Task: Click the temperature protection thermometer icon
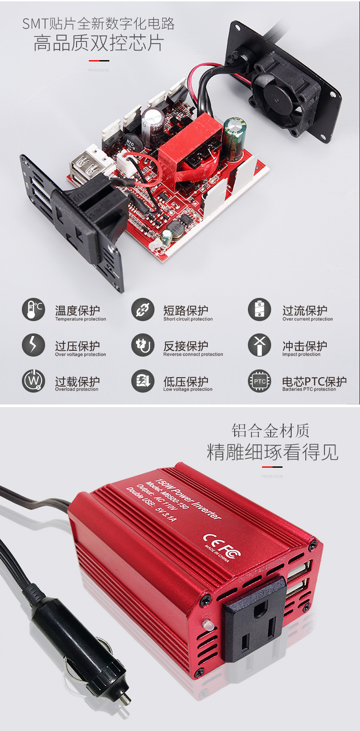pyautogui.click(x=33, y=310)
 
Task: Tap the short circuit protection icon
pyautogui.click(x=143, y=310)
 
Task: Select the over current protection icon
pyautogui.click(x=259, y=310)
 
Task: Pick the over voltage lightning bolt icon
pyautogui.click(x=33, y=345)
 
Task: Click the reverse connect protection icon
pyautogui.click(x=143, y=345)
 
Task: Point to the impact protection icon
pyautogui.click(x=259, y=345)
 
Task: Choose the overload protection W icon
pyautogui.click(x=33, y=380)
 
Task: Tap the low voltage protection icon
pyautogui.click(x=143, y=380)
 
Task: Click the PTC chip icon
pyautogui.click(x=259, y=381)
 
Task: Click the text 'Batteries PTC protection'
pyautogui.click(x=309, y=389)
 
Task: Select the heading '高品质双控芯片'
pyautogui.click(x=98, y=43)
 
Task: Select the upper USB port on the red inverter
pyautogui.click(x=299, y=570)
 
